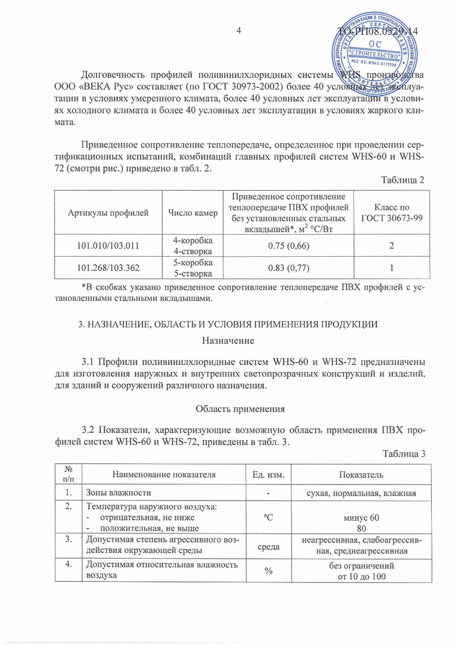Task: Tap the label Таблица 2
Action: point(404,180)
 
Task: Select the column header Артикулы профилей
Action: point(108,212)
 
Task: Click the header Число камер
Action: point(190,212)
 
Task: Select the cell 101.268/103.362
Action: point(108,267)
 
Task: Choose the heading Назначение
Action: point(228,340)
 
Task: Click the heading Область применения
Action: point(228,408)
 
